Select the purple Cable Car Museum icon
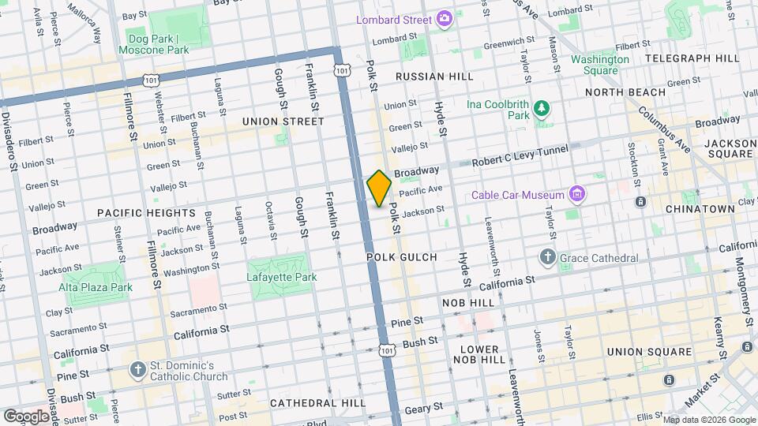[578, 195]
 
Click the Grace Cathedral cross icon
[548, 258]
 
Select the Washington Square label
[600, 65]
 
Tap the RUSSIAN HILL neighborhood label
[434, 77]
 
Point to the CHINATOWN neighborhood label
[700, 209]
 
